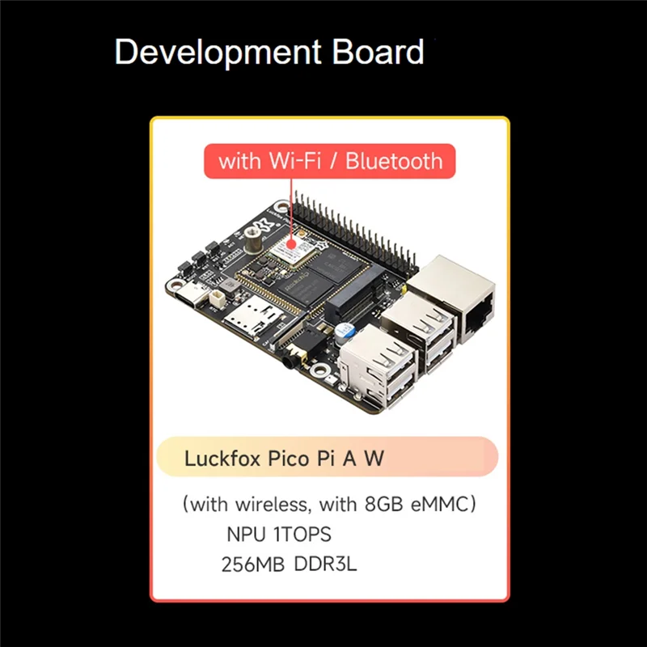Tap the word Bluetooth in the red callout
(x=395, y=160)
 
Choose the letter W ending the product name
(x=374, y=459)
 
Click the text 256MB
(x=252, y=565)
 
